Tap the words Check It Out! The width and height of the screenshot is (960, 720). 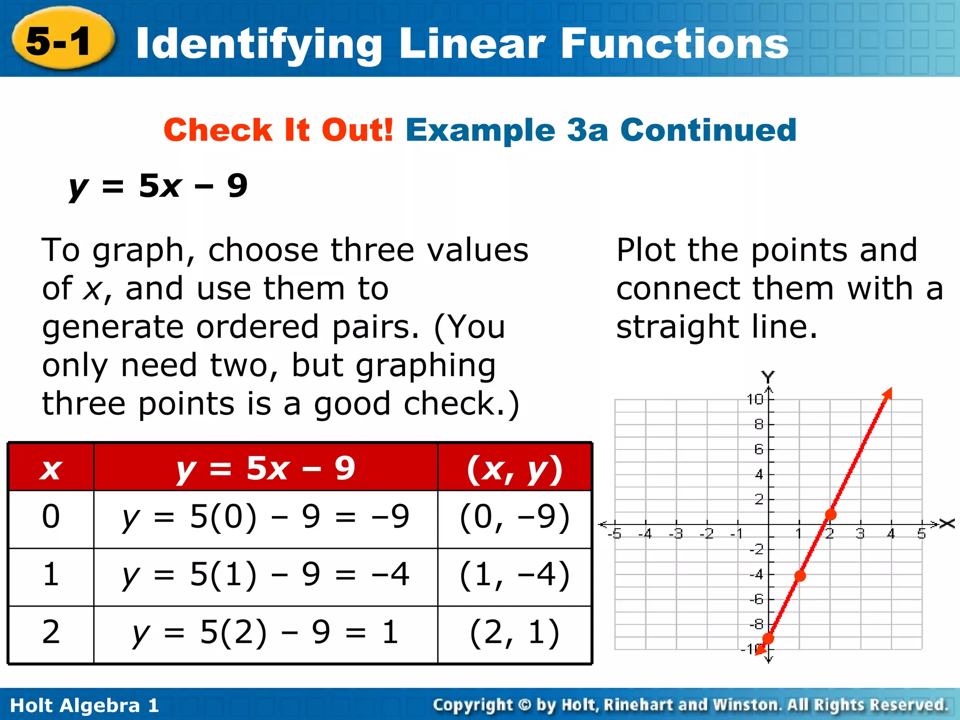point(278,130)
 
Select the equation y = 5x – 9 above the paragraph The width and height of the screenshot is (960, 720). point(158,186)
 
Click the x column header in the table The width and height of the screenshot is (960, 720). point(51,468)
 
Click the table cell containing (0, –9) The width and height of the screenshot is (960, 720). point(515,518)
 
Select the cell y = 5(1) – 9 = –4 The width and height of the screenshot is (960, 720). point(266,576)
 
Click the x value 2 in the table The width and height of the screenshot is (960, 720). point(51,633)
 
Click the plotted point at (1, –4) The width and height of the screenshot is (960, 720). point(800,576)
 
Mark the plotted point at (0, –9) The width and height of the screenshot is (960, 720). point(768,638)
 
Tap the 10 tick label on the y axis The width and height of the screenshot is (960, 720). point(755,399)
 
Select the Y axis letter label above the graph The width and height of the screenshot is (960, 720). point(768,376)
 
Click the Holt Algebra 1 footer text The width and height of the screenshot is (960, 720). point(84,705)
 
